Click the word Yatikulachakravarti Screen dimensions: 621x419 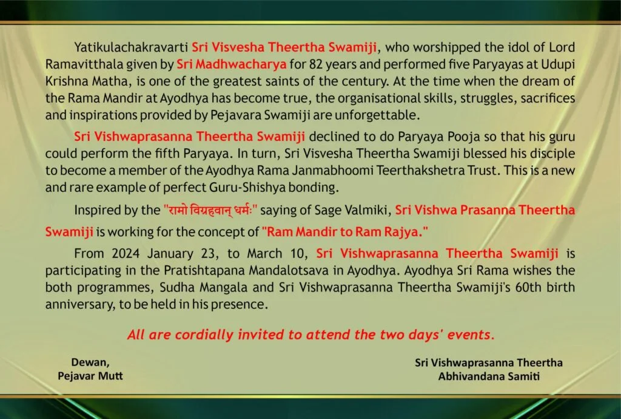(x=131, y=47)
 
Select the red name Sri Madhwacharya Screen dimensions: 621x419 (x=231, y=64)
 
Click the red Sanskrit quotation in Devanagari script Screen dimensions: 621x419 (x=210, y=209)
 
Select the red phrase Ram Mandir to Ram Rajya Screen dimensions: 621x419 (x=345, y=232)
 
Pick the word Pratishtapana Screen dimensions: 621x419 (x=204, y=271)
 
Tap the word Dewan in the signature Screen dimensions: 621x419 (x=90, y=363)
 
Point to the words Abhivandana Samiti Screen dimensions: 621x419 (x=489, y=376)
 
